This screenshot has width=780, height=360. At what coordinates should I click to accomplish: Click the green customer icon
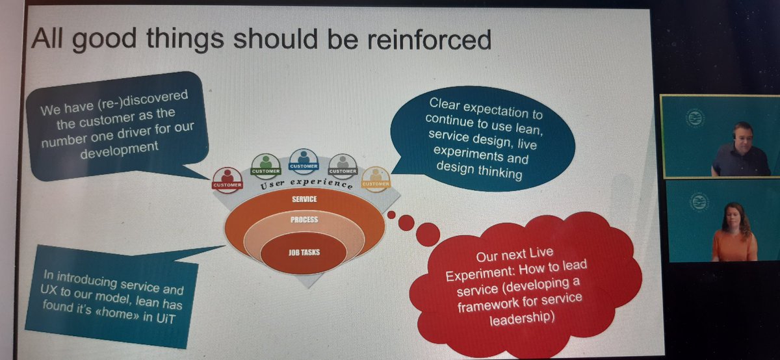(x=266, y=163)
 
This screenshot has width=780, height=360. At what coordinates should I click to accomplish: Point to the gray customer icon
(x=342, y=164)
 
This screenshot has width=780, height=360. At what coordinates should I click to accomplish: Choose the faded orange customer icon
(x=375, y=177)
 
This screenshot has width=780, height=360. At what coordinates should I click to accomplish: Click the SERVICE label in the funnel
(x=305, y=199)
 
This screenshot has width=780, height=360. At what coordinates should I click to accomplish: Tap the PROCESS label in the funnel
(x=304, y=220)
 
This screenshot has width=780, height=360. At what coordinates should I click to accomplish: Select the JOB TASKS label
(x=303, y=253)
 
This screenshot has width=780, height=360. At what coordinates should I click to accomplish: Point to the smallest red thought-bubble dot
(x=391, y=214)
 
